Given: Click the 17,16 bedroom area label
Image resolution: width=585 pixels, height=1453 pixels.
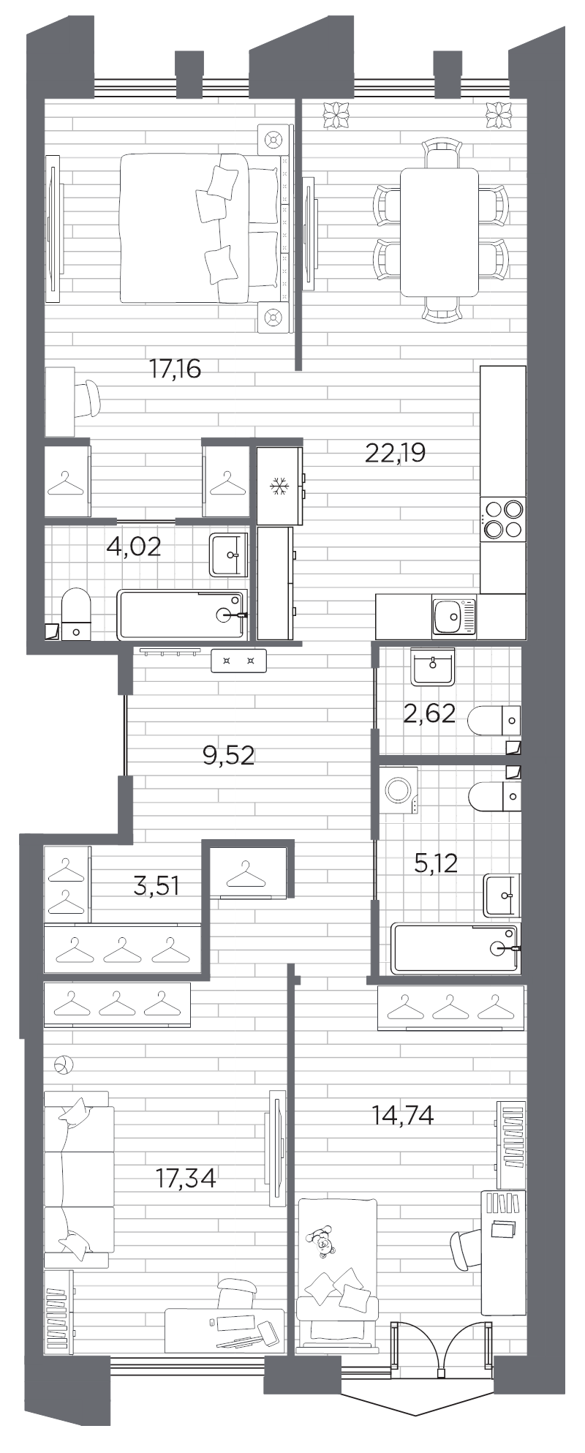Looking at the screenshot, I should coord(175,369).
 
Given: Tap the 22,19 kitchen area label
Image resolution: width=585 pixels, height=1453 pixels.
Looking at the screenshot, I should coord(395,453).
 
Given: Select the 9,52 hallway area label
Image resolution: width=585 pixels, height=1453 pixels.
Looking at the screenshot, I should coord(229,754).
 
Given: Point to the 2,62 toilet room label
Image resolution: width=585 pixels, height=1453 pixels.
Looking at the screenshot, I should coord(429,712).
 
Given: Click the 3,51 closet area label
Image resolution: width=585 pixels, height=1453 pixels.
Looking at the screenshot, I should coord(156,887).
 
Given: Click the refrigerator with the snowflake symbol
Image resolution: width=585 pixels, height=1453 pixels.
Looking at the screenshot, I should coord(279,485).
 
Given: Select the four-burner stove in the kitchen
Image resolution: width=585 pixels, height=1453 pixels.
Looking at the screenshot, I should coord(503,518).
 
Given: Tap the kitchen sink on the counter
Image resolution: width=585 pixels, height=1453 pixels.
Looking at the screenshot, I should coord(453,616).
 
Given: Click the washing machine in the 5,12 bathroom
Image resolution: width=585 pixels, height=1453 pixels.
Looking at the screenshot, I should coord(399,791).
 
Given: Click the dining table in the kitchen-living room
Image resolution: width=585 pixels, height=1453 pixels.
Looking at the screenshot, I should coord(439,232).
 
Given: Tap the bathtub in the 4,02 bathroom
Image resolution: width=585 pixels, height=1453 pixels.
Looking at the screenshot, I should coord(183,615).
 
